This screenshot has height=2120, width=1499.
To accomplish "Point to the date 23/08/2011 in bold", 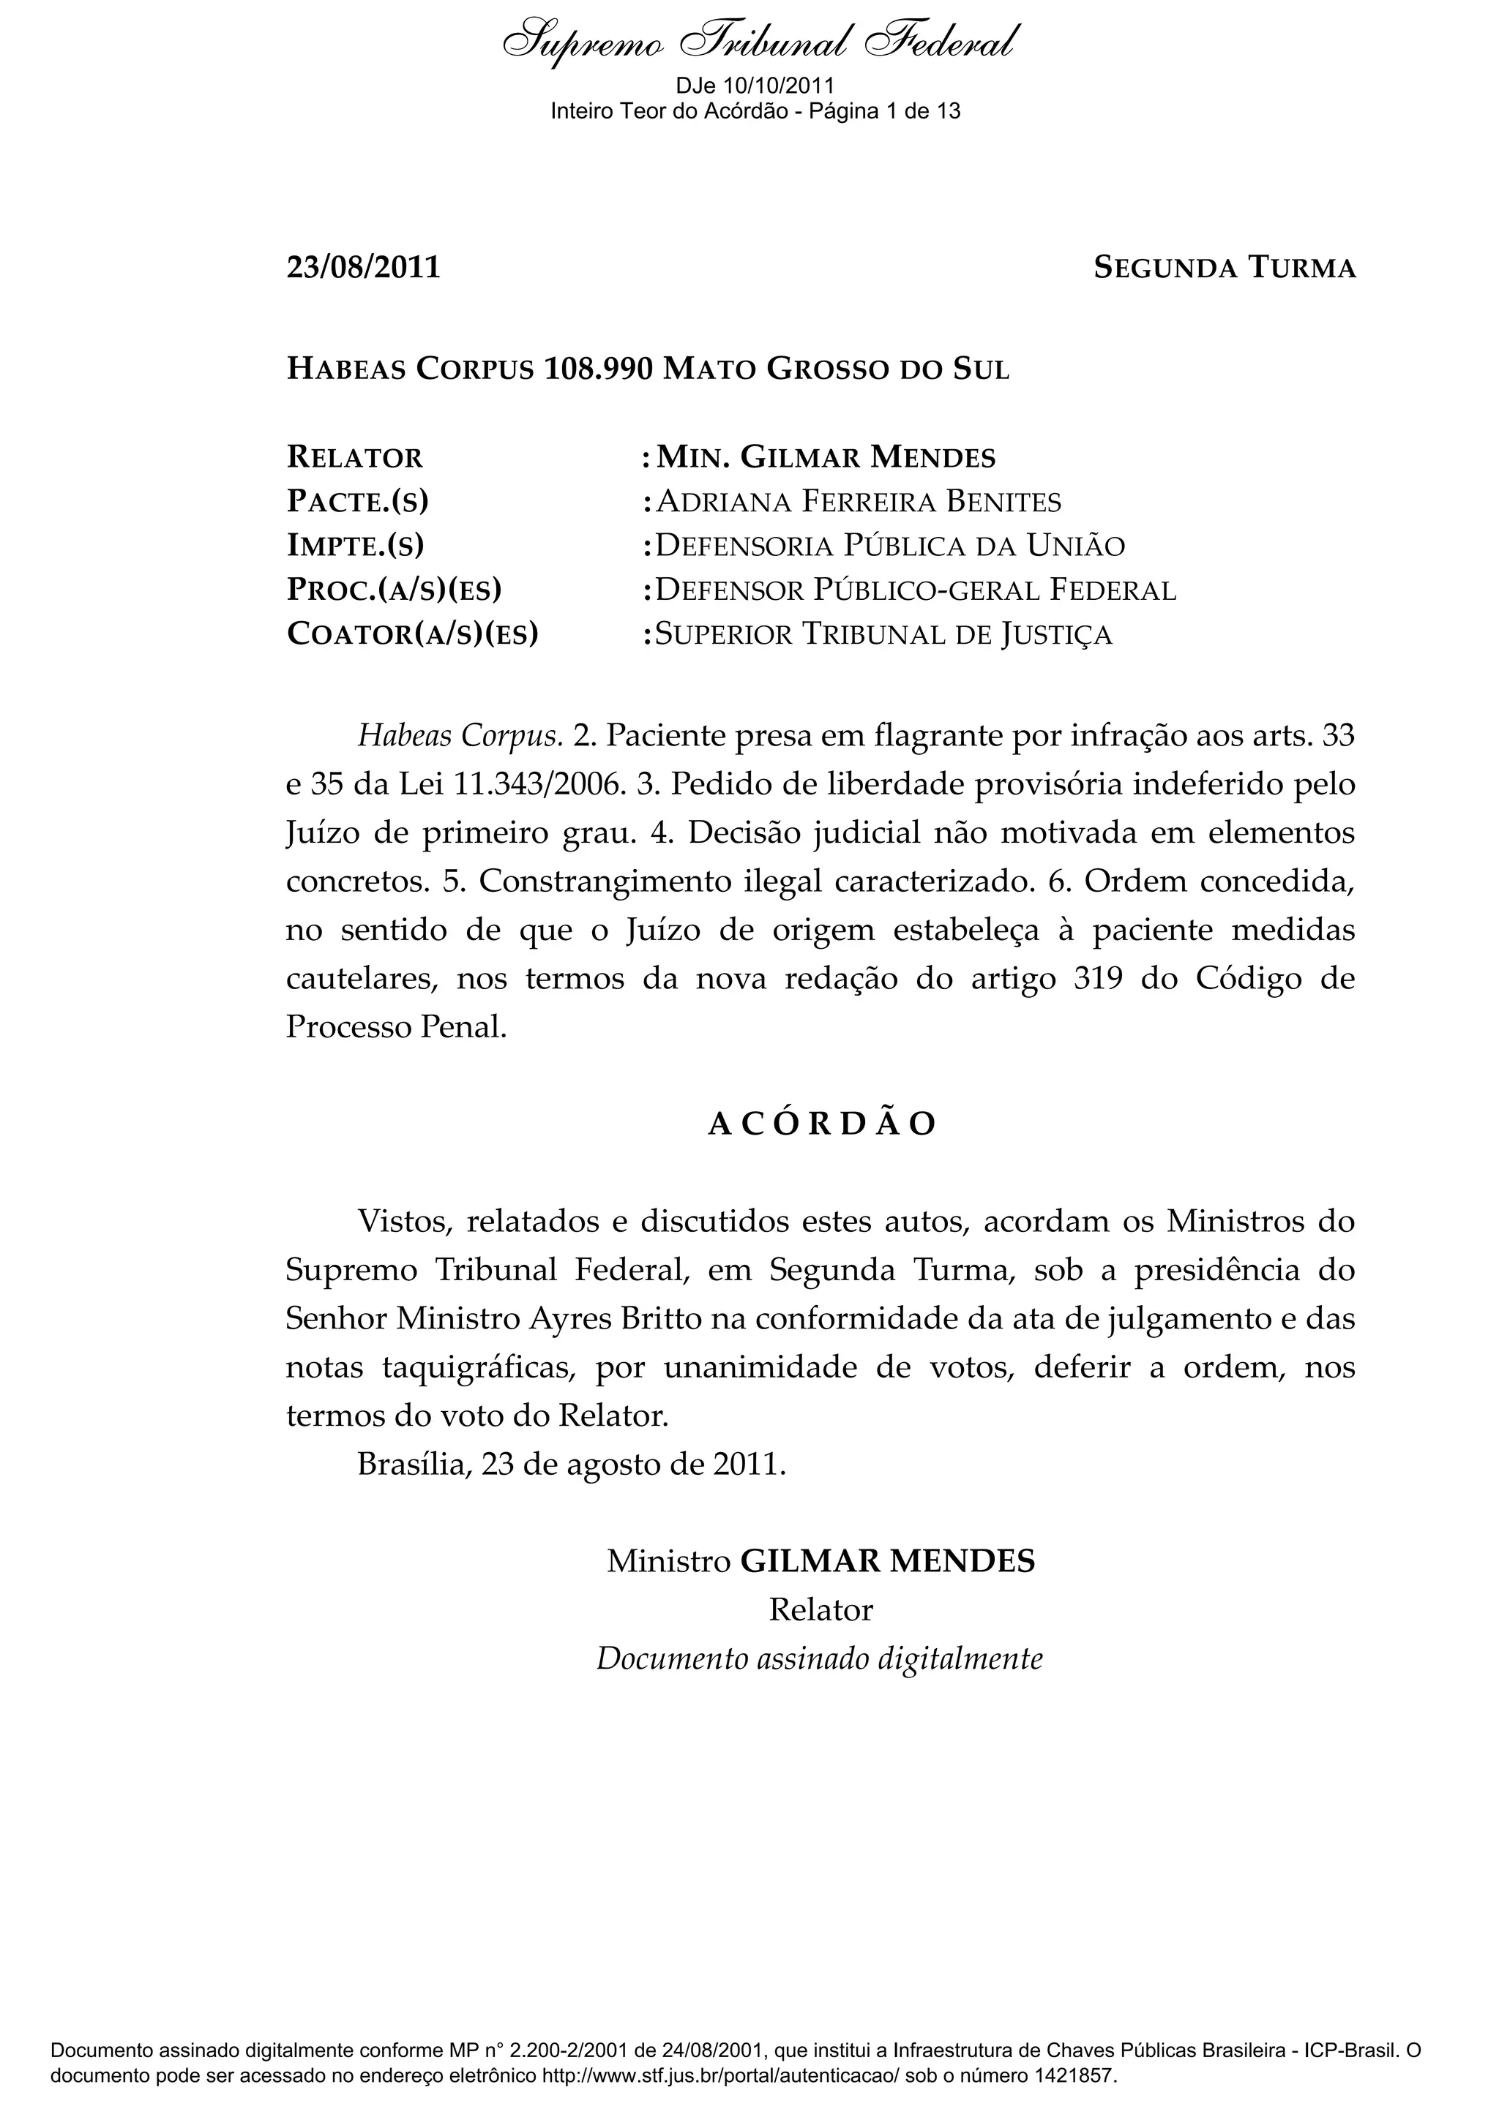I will [363, 268].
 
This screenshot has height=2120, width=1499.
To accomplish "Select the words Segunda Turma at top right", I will [1224, 268].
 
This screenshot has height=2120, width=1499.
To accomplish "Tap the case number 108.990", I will [599, 369].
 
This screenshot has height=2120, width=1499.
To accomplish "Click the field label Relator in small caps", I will [355, 458].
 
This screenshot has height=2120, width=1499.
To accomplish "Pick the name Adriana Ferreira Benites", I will [858, 503].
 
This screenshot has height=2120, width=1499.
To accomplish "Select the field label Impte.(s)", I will [355, 546].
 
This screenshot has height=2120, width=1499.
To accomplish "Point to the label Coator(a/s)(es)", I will [412, 635].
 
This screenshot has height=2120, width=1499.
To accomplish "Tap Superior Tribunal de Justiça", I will [883, 635].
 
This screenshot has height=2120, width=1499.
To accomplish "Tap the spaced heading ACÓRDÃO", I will [821, 1124].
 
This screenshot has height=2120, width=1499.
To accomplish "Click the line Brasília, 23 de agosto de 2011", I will [572, 1465].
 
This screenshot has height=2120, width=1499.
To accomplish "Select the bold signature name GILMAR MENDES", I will [888, 1561].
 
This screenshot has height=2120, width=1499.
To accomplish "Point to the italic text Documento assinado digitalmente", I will [819, 1659].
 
